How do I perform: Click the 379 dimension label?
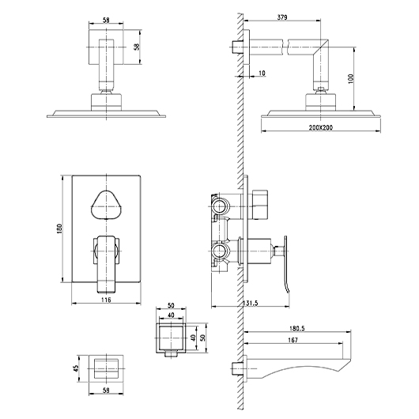tap(282, 17)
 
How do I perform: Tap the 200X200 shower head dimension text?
tap(321, 127)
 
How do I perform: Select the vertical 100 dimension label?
tap(351, 78)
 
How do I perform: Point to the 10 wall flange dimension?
tap(262, 73)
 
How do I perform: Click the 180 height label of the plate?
tap(59, 228)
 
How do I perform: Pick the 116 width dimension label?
tap(106, 300)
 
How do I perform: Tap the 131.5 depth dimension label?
tap(251, 303)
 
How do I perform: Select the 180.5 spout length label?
tap(297, 328)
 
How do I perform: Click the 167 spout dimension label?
tap(293, 340)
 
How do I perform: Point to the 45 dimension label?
tap(77, 368)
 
